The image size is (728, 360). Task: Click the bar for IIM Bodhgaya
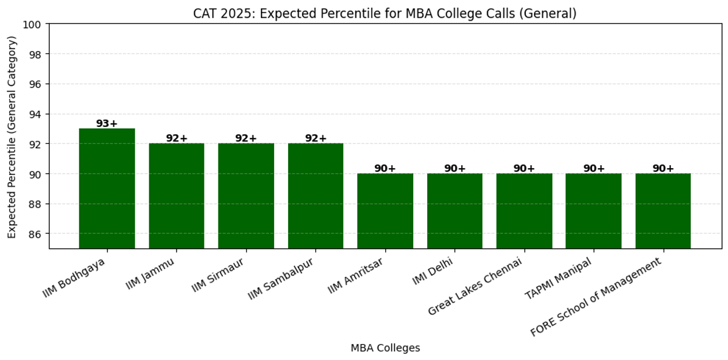click(x=107, y=188)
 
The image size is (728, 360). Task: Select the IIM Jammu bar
click(x=177, y=195)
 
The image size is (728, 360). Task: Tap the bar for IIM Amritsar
click(x=385, y=211)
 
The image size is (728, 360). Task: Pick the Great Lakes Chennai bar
click(x=524, y=211)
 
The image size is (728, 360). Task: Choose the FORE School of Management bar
click(x=663, y=211)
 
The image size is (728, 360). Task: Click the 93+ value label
click(x=107, y=124)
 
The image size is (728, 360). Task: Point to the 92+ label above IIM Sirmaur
click(x=246, y=138)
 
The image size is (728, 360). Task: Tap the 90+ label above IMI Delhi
click(x=454, y=169)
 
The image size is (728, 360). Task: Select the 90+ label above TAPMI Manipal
click(x=594, y=169)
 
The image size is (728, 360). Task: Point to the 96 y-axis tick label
click(x=35, y=84)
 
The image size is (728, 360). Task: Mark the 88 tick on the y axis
click(x=35, y=204)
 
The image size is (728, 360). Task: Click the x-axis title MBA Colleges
click(x=385, y=348)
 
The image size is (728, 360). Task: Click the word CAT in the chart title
click(x=204, y=13)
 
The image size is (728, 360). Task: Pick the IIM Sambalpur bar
click(x=315, y=195)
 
